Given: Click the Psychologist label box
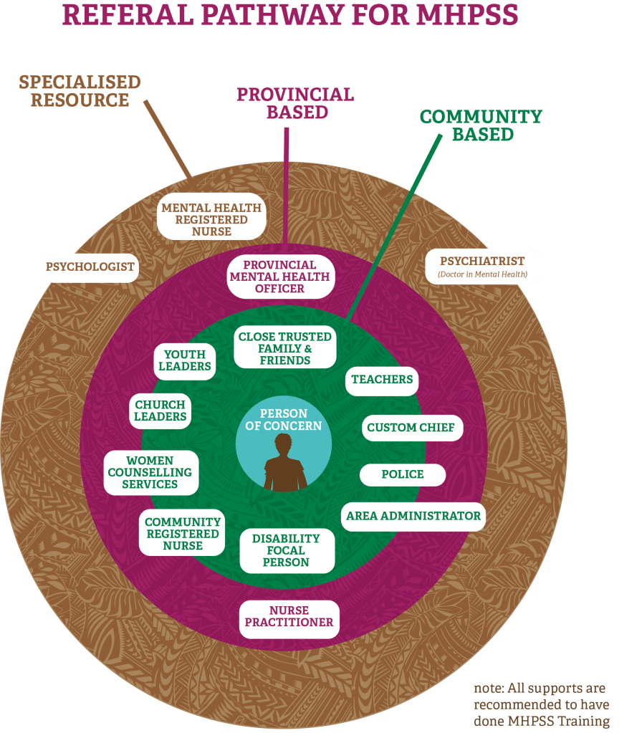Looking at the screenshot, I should click(90, 267).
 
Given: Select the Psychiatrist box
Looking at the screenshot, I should click(482, 267).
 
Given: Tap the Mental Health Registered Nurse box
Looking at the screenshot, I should click(211, 219).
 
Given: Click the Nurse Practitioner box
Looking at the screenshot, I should click(289, 616).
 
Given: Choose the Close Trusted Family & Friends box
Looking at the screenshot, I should click(285, 348).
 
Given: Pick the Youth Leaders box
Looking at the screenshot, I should click(185, 360).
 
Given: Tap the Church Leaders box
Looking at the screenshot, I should click(160, 411).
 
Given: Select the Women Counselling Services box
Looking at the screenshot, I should click(150, 472).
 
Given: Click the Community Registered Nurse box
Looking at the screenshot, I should click(183, 534).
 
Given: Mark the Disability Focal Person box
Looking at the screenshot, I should click(285, 550).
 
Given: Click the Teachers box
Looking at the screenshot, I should click(382, 380).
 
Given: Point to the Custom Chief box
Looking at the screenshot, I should click(411, 428).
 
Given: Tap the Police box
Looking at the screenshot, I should click(403, 474).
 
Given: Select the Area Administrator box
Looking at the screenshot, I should click(413, 516).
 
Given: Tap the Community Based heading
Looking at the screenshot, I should click(481, 125).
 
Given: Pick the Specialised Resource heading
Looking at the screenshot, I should click(80, 91).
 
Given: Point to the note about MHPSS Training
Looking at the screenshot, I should click(542, 704).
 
